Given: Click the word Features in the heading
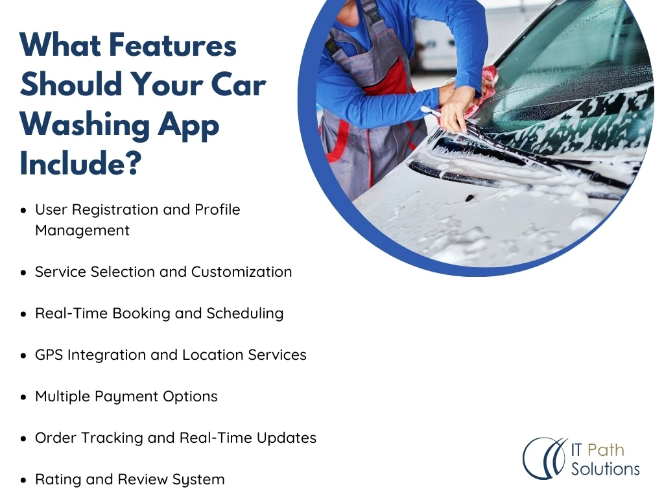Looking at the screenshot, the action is click(172, 45).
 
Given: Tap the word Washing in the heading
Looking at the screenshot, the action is click(85, 125).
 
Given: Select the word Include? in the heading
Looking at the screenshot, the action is click(80, 163).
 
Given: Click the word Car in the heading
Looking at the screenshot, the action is click(239, 84).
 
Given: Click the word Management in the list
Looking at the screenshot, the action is click(82, 230).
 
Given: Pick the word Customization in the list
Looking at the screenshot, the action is click(241, 272).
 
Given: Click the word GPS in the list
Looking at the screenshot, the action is click(49, 355).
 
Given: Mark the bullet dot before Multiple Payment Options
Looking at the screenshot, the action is click(23, 397).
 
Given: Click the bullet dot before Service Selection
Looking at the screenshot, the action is click(23, 273).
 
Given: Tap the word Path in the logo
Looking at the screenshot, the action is click(606, 450).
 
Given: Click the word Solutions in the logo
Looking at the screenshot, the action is click(605, 469).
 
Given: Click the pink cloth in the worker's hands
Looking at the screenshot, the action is click(479, 94).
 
